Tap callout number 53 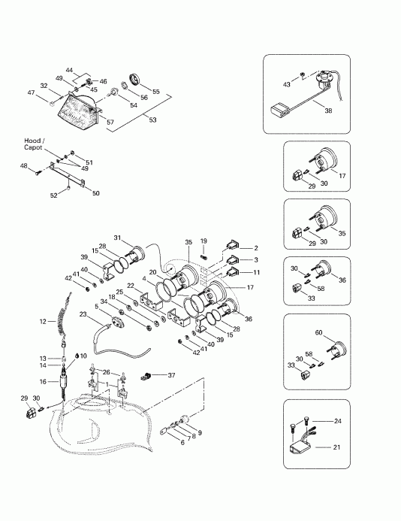[x=152, y=120]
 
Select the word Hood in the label [x=32, y=141]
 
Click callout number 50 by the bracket [x=95, y=193]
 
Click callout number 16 [x=43, y=382]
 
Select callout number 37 [x=171, y=375]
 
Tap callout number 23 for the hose [x=83, y=314]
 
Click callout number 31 [x=117, y=238]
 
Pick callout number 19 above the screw [x=204, y=241]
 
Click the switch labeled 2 [x=232, y=246]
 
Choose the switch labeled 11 [x=232, y=272]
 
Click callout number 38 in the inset [x=328, y=111]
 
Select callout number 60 [x=318, y=332]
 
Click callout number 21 [x=336, y=447]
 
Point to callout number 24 [x=338, y=421]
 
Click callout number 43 [x=286, y=84]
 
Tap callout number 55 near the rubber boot [x=155, y=92]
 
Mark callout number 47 [x=32, y=93]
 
